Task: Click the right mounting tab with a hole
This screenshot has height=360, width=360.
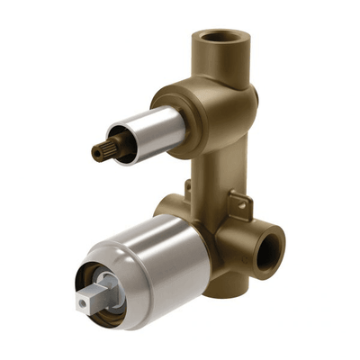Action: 238,205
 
